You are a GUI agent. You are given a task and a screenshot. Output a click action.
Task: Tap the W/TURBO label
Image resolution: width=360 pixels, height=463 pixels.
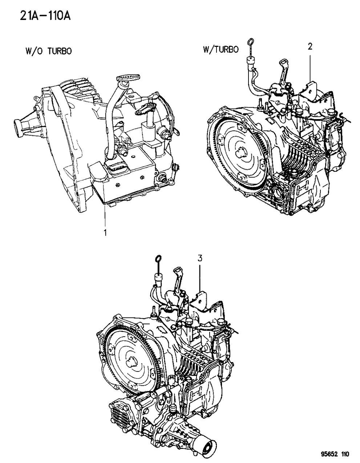click(221, 49)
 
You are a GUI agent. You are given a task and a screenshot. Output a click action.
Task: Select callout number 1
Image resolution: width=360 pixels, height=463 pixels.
click(105, 233)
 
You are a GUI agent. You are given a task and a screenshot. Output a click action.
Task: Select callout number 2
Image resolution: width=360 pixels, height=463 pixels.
click(310, 46)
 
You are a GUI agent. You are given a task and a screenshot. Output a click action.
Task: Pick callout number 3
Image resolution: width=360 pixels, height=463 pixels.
click(199, 258)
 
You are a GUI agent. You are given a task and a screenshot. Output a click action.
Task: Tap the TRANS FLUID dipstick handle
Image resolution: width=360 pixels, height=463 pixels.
click(128, 77)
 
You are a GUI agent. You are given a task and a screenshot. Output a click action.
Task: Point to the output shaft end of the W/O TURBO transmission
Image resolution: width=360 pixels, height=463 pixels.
click(17, 127)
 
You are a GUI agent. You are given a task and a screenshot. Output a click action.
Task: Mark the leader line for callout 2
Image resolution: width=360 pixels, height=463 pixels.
click(310, 65)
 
